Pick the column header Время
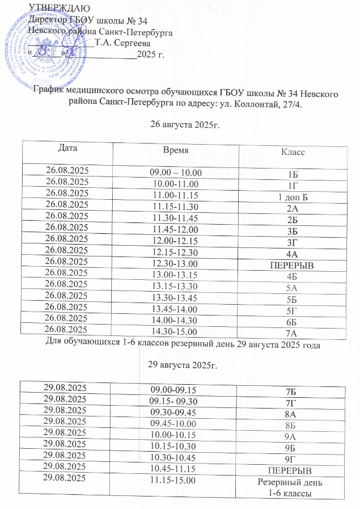175,150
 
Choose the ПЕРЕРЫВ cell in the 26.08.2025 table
293,266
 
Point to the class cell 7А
293,333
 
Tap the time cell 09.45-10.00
173,424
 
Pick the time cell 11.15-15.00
173,481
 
